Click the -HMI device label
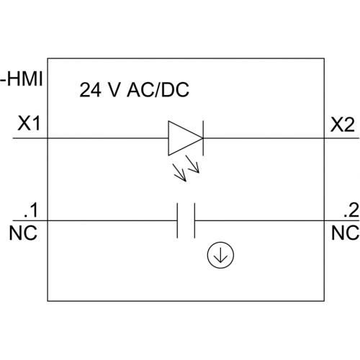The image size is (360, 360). tap(22, 79)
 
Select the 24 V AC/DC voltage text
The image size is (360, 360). tap(134, 90)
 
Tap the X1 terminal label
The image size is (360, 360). tap(29, 124)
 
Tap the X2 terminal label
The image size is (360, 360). tap(342, 125)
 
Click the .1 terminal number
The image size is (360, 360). tap(31, 211)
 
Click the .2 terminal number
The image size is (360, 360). tap(351, 210)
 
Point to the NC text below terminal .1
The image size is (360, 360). tap(23, 233)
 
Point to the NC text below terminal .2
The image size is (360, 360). tap(345, 233)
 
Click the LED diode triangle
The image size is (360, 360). tap(185, 138)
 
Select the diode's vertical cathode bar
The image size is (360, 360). tap(203, 138)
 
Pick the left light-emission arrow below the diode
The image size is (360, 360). tap(180, 173)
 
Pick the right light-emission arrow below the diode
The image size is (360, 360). tap(193, 164)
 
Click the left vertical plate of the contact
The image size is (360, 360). tap(177, 220)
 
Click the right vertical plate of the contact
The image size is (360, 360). tap(194, 220)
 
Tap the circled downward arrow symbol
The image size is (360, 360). tap(220, 255)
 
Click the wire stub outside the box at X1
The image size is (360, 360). tap(30, 138)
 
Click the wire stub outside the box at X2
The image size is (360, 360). tap(342, 138)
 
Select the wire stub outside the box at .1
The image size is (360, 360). tap(30, 220)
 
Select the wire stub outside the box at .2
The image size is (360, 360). tap(342, 220)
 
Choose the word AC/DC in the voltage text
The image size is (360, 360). tap(158, 90)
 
